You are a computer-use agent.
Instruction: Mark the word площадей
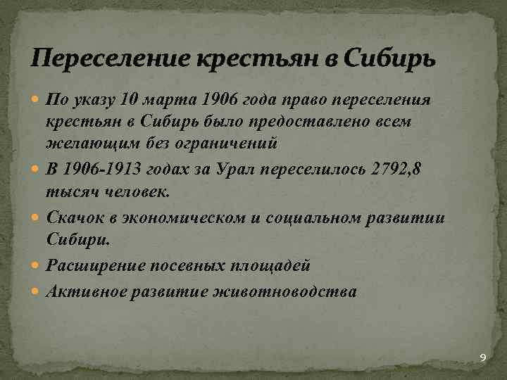click(272, 265)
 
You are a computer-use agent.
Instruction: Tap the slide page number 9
click(482, 359)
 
